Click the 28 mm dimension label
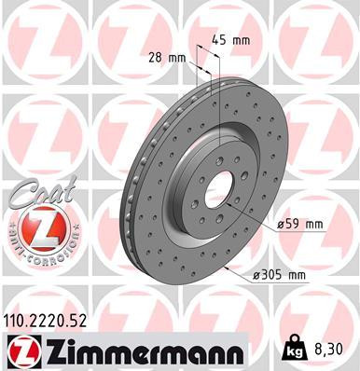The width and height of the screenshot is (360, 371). [167, 58]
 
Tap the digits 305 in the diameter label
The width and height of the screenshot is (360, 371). [279, 274]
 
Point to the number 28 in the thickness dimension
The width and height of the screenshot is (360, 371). [159, 58]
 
